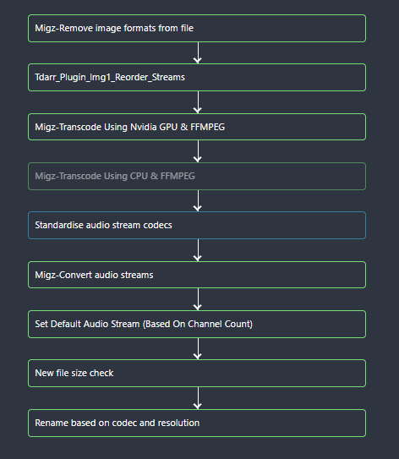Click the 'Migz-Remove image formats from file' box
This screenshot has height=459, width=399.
point(196,28)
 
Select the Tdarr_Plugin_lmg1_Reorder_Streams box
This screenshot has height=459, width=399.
point(196,77)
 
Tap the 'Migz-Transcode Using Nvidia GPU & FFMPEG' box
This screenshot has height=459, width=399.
point(196,127)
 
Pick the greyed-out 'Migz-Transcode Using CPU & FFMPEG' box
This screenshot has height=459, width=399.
point(196,176)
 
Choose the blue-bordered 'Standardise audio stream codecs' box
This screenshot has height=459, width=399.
point(196,225)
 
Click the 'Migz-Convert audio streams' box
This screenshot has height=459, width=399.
point(196,275)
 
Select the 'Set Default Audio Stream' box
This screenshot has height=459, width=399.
point(196,324)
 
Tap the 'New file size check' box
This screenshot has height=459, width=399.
point(196,373)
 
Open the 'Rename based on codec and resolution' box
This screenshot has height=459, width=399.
point(196,423)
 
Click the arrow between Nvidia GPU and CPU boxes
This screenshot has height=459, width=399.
point(197,151)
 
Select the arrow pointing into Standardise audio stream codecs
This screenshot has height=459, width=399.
point(197,200)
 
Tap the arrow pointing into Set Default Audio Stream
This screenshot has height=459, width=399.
point(197,299)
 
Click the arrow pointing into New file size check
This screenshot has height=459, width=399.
point(197,348)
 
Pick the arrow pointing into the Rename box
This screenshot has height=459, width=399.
point(197,397)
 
